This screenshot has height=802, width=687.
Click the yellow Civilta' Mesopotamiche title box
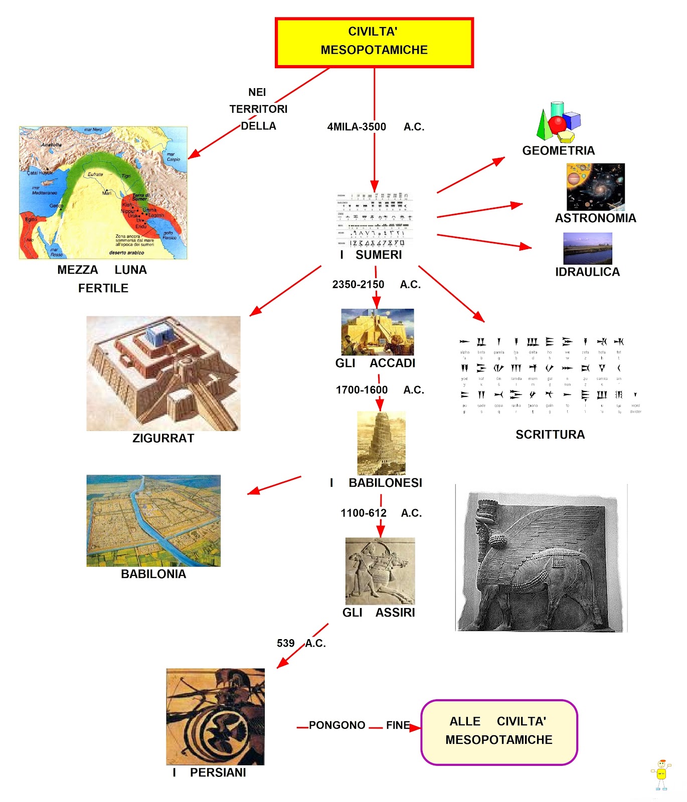[374, 43]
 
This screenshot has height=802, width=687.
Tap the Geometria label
[558, 150]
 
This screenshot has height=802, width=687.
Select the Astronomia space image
[595, 186]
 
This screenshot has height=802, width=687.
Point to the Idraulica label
[587, 272]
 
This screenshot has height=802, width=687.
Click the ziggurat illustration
[163, 373]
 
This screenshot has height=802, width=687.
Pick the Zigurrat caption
[163, 438]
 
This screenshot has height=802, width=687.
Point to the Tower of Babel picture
[381, 443]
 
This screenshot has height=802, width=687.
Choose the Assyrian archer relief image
[380, 571]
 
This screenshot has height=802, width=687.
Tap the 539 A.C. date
[301, 643]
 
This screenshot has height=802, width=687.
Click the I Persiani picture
[215, 716]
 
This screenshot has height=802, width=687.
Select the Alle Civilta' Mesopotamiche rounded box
[499, 732]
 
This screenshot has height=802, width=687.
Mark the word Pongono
[337, 725]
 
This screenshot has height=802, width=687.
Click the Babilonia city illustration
[153, 521]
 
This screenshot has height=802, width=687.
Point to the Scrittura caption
[550, 435]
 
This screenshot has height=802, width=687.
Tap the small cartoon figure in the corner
[661, 774]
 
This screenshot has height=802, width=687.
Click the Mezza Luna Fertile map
[103, 192]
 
